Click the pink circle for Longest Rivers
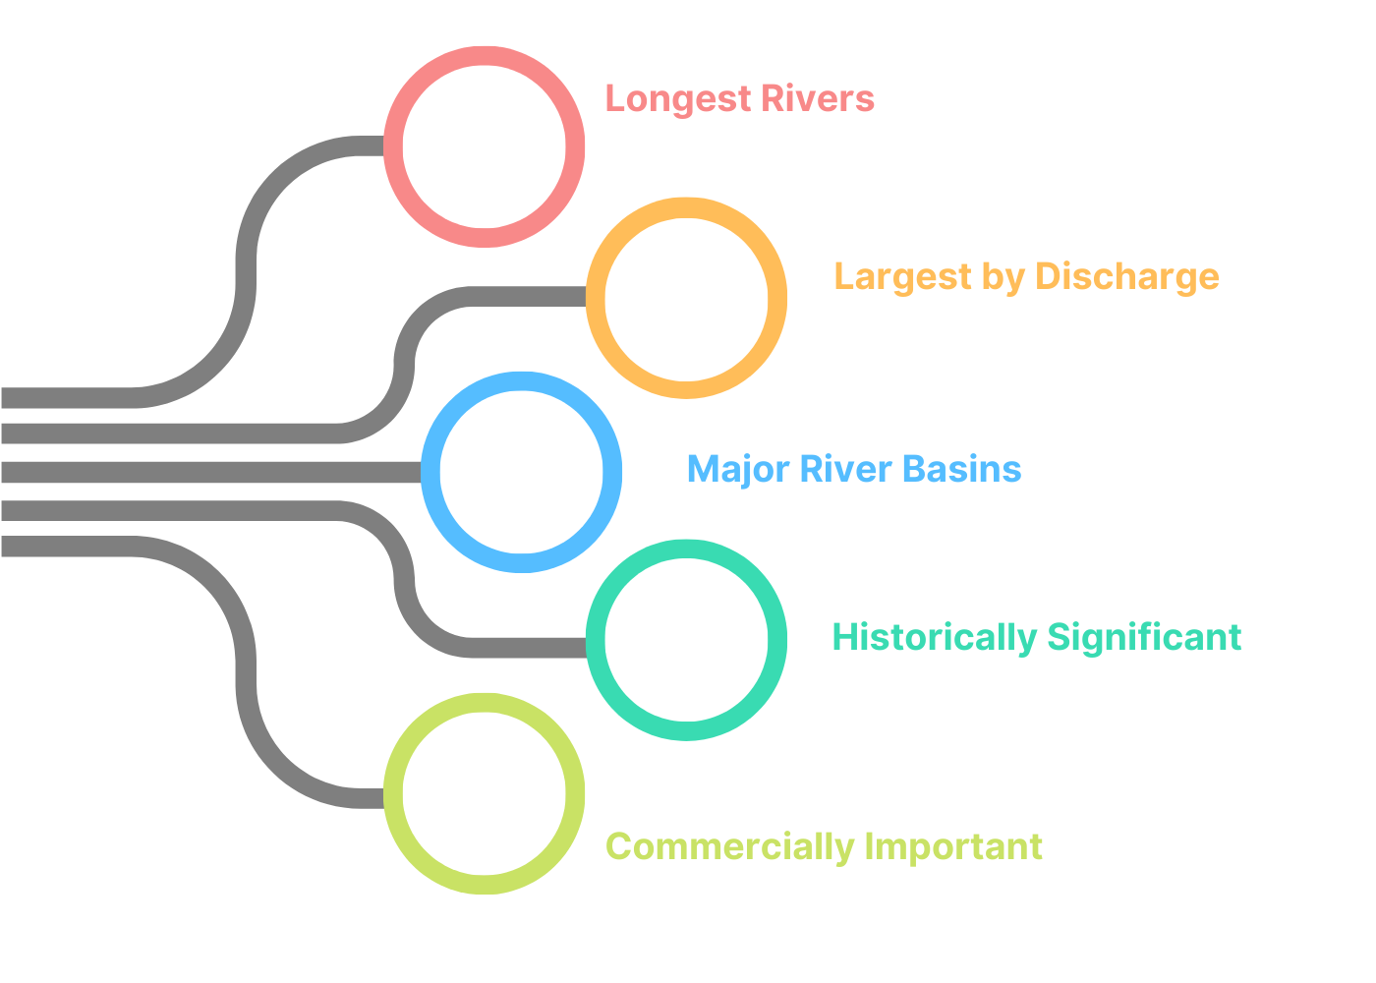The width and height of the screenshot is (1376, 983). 484,146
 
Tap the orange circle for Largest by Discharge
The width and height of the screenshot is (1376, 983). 686,298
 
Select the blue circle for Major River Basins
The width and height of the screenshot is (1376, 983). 521,472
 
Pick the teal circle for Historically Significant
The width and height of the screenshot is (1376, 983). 686,640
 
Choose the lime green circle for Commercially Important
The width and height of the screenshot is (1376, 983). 484,793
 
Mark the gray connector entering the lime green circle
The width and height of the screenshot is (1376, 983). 247,678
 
